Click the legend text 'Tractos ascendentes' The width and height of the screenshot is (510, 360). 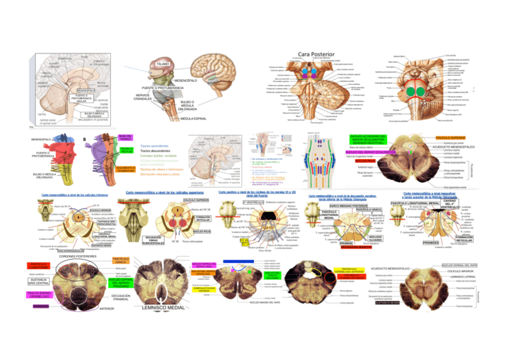[x=155, y=145]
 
